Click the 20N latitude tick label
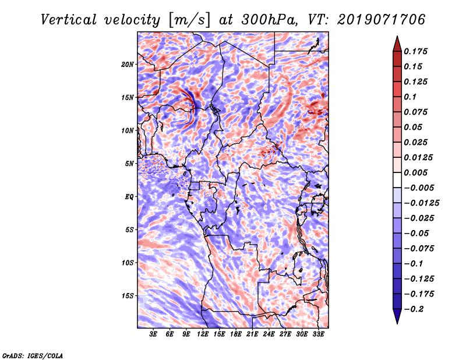coord(128,64)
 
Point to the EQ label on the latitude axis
coord(129,196)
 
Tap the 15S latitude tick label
coord(128,295)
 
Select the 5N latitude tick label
coord(129,163)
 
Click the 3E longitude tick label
coord(154,334)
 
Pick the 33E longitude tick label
coord(318,334)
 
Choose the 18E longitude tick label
coord(236,334)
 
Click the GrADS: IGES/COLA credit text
coord(32,355)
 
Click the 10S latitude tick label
coord(128,262)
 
